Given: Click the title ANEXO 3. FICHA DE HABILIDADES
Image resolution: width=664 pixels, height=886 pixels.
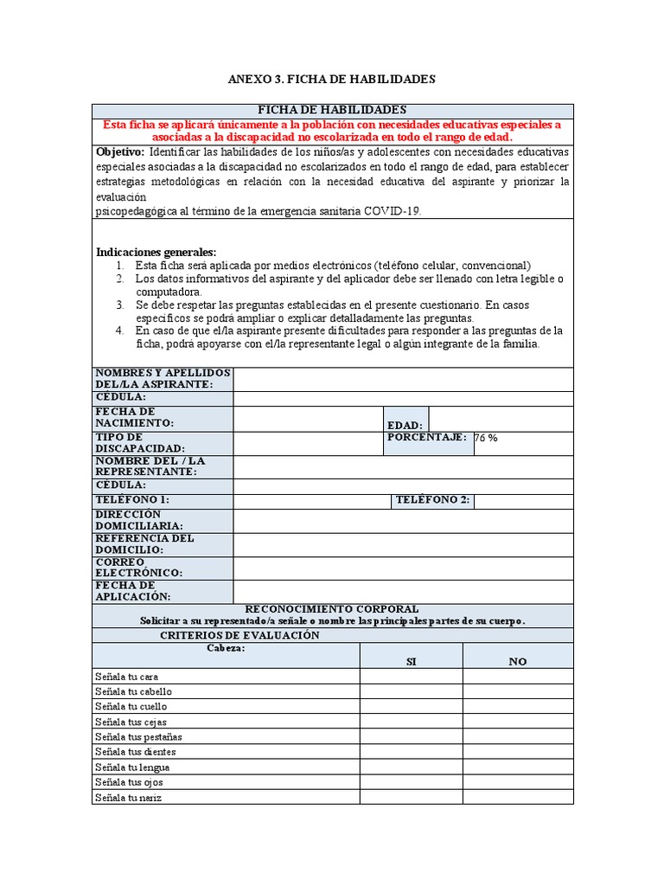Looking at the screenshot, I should (332, 80).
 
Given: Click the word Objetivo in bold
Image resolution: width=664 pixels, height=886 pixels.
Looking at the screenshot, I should (119, 152).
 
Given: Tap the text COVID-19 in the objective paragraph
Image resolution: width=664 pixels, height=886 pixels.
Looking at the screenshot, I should (393, 211).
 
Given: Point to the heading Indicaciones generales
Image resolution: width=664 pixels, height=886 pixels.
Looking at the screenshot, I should (156, 252).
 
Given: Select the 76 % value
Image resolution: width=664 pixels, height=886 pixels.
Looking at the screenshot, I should (486, 438).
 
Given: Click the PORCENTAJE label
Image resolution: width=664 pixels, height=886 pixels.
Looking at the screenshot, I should (427, 437).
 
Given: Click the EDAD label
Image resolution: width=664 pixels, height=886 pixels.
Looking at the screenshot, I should (405, 425).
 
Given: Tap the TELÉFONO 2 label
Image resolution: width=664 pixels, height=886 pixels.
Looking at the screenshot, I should (432, 500).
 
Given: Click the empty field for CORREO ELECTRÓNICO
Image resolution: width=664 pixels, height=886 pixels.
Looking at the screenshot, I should (403, 568).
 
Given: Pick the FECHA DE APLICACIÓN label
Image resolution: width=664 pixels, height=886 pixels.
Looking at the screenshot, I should (133, 591).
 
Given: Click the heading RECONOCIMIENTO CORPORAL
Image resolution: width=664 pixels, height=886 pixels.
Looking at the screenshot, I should (332, 609).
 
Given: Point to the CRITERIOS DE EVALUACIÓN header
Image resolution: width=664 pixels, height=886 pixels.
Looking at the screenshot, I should (239, 635).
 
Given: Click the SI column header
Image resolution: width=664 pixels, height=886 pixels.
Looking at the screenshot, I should (411, 661).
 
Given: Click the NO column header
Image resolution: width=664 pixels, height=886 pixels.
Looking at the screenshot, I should (517, 661).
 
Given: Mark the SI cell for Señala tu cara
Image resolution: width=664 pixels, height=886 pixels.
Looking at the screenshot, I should (411, 676).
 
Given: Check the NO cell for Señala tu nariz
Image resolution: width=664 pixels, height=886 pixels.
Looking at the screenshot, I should (517, 797).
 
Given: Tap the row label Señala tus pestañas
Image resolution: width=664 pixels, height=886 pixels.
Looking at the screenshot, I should (138, 736).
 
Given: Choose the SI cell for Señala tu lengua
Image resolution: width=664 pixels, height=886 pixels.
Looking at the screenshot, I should (411, 767).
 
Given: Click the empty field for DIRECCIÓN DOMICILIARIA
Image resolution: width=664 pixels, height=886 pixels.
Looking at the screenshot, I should (403, 521).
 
